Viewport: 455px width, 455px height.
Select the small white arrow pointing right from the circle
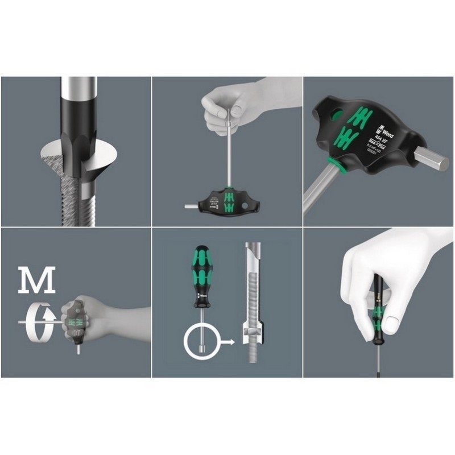229,342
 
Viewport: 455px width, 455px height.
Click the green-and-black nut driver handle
202,270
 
